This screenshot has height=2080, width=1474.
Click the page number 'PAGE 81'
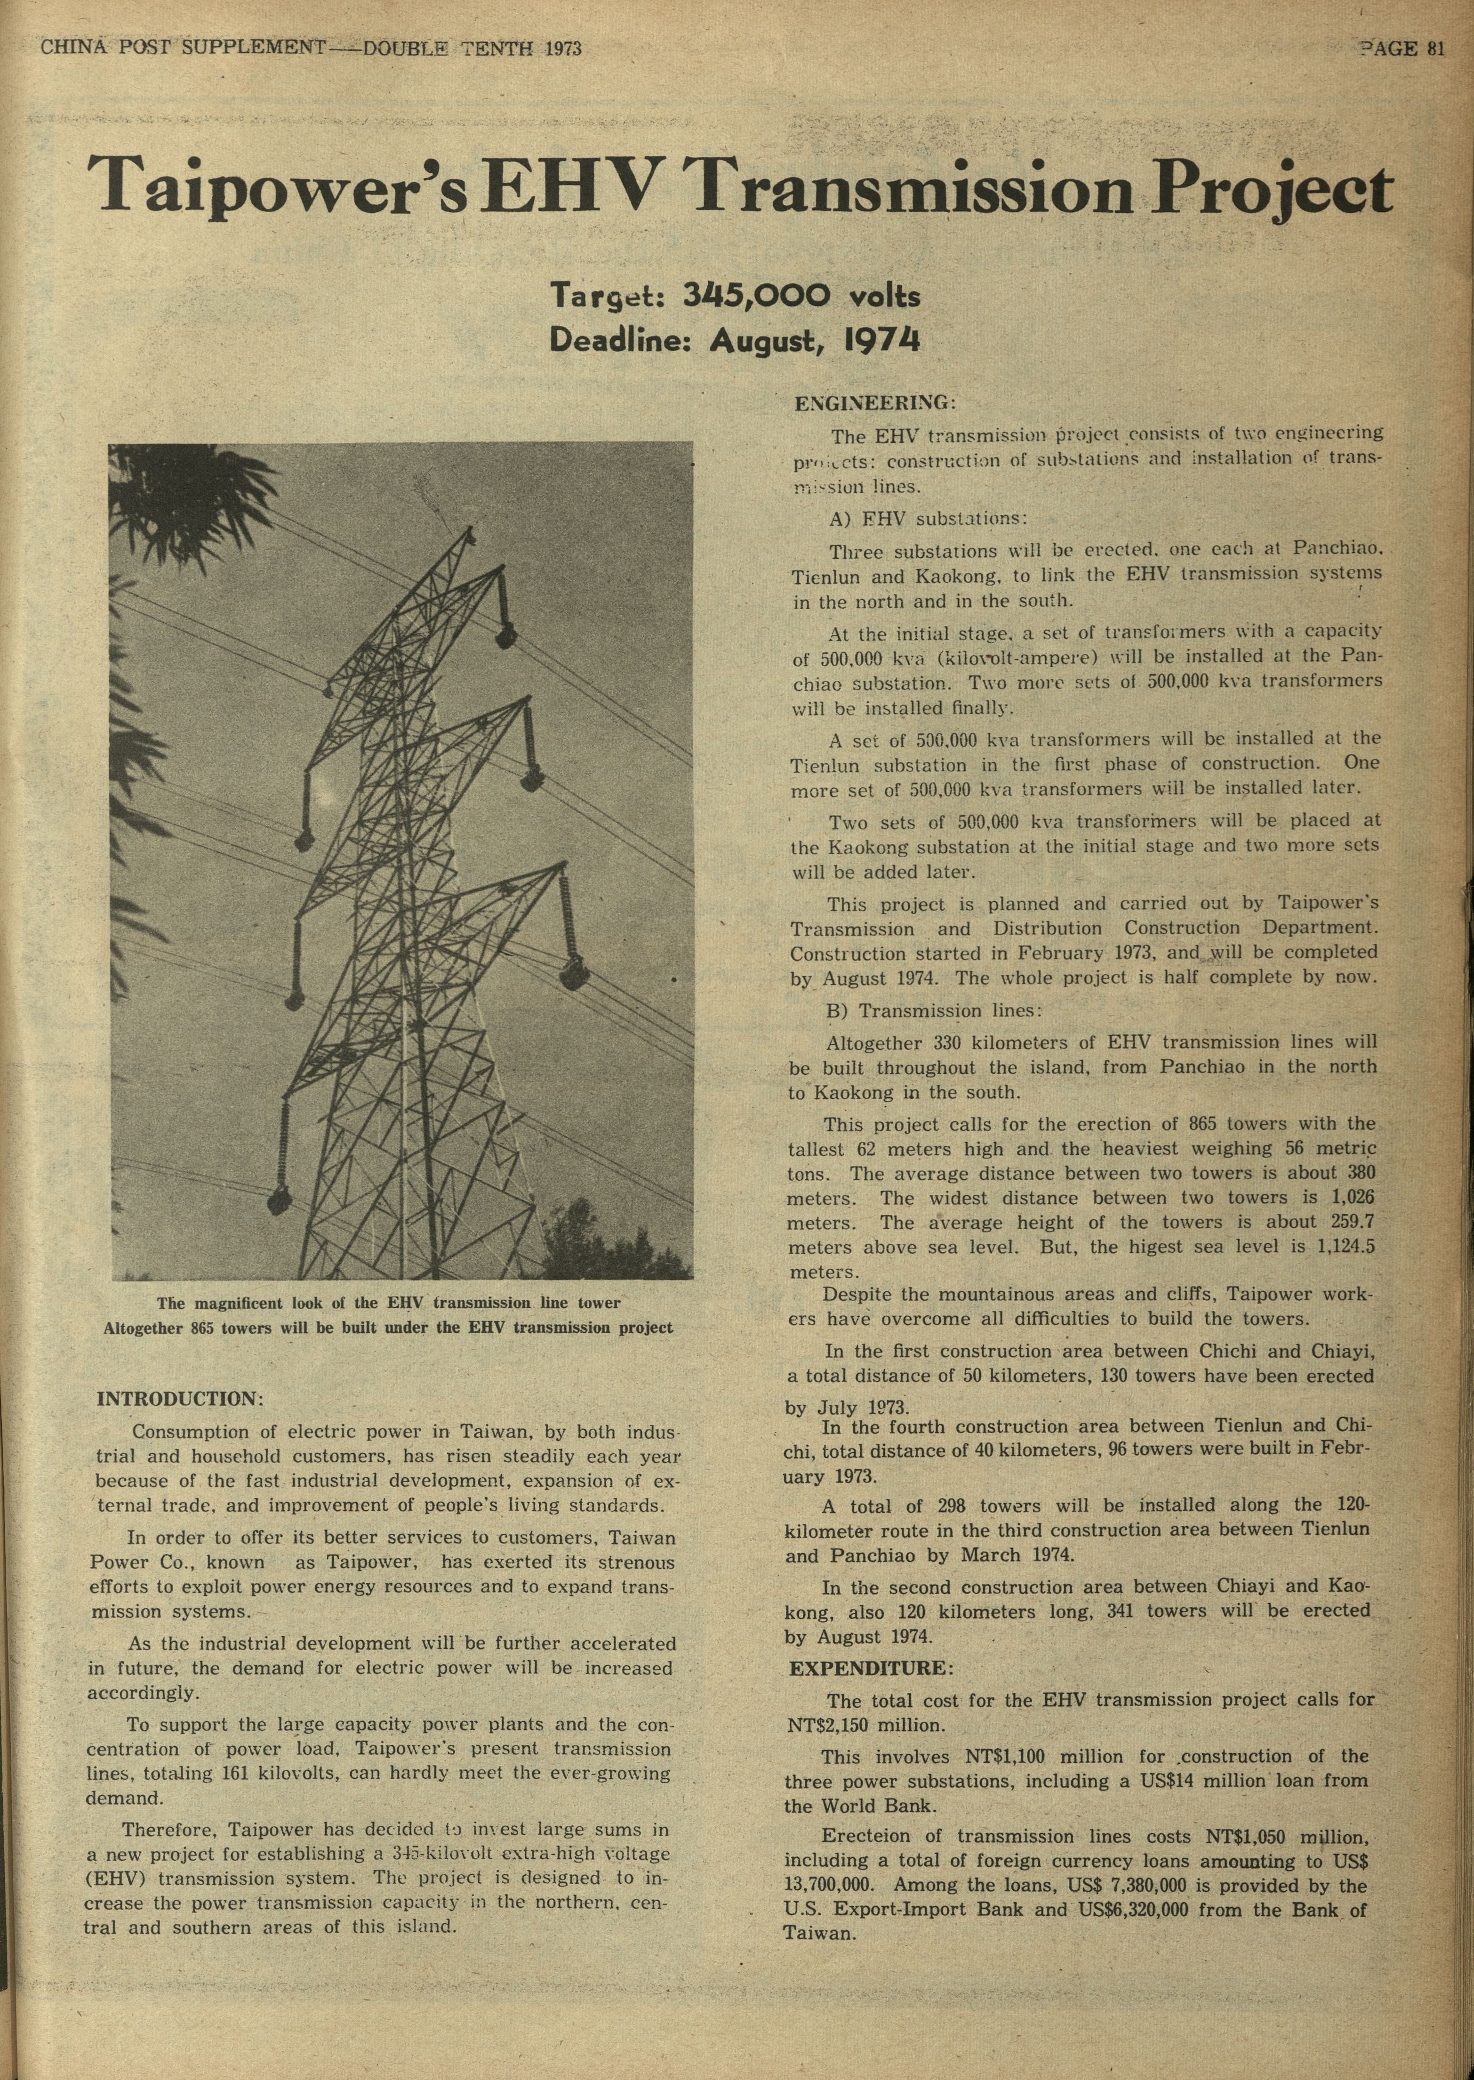pos(1402,49)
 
